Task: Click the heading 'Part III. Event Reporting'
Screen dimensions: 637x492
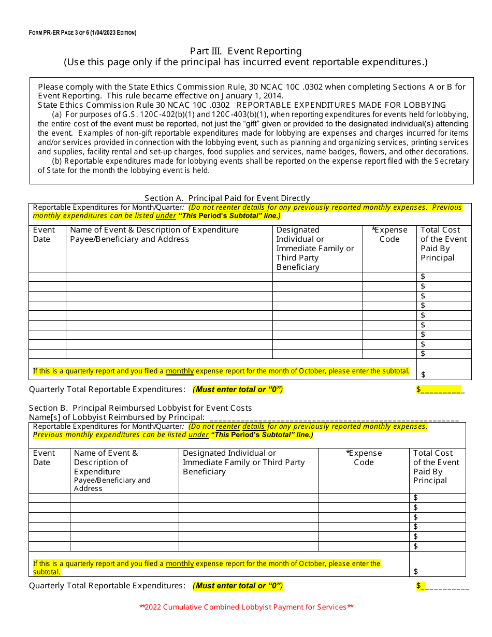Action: (x=245, y=51)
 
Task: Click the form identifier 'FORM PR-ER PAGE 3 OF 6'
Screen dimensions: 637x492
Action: (x=82, y=33)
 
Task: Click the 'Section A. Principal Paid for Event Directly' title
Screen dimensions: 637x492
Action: (x=227, y=198)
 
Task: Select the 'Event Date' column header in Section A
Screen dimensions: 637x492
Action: (x=44, y=234)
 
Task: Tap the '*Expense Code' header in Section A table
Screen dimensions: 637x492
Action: (x=389, y=234)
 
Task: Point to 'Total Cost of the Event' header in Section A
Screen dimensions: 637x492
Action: (x=443, y=243)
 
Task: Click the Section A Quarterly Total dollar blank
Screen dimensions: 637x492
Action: (x=440, y=389)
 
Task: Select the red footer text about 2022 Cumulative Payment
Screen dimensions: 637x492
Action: (x=246, y=607)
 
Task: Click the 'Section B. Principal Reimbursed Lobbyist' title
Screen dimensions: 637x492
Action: (x=140, y=408)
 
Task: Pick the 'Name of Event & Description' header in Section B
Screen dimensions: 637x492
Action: (x=106, y=462)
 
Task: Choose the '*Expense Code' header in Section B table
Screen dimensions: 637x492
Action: (x=364, y=457)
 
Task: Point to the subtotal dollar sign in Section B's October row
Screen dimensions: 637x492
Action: (x=416, y=571)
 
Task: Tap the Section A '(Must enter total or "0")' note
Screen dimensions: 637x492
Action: (x=238, y=389)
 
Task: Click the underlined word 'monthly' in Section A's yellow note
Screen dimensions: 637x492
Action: (x=179, y=371)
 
